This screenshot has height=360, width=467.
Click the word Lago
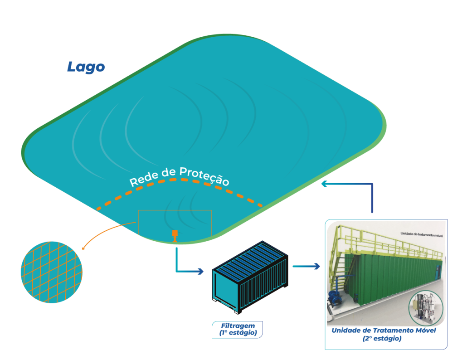86,67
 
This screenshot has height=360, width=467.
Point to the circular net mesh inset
52,272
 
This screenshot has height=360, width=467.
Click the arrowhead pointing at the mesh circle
82,248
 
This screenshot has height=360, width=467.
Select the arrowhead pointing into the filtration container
200,272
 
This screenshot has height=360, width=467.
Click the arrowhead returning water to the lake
323,184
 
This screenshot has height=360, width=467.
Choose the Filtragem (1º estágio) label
238,329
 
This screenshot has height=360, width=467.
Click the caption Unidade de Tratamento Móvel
384,331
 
